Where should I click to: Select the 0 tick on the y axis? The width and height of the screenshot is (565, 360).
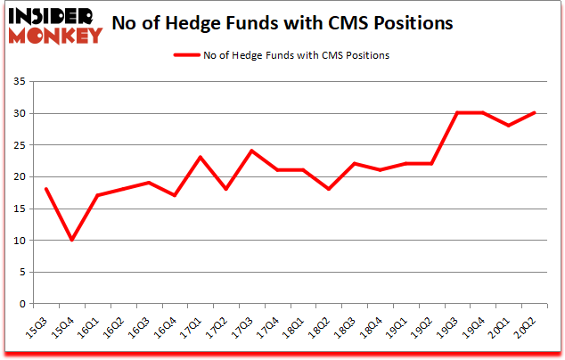(20, 304)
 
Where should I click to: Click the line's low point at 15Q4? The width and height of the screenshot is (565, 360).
(72, 240)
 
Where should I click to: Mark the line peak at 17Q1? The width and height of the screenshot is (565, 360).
(201, 158)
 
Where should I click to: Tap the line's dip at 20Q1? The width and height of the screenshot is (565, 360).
(510, 126)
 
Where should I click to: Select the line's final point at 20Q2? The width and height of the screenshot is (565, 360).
(536, 112)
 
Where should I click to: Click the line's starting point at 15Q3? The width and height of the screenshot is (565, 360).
(46, 189)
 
